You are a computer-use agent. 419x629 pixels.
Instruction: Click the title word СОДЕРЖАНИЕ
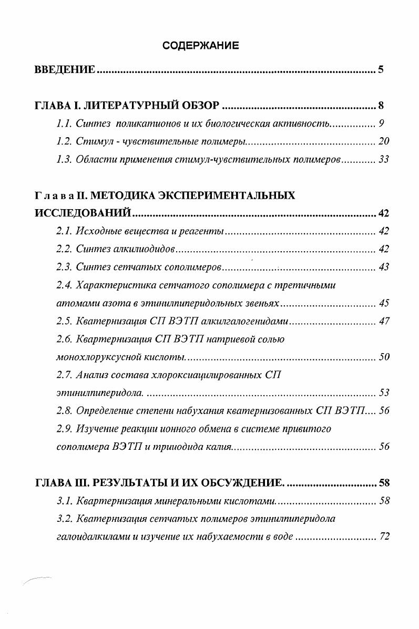[x=200, y=46]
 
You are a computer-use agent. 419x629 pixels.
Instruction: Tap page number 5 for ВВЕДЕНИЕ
[x=381, y=69]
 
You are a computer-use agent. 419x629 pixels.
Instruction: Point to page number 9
[x=382, y=124]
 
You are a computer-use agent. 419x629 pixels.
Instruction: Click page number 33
[x=384, y=160]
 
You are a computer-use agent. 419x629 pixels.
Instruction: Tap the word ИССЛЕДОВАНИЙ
[x=82, y=213]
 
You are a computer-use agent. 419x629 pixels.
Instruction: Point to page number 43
[x=384, y=267]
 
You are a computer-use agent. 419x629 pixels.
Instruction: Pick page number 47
[x=384, y=321]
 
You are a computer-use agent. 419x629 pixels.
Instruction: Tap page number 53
[x=384, y=393]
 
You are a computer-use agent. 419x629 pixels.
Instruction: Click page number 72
[x=384, y=537]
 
